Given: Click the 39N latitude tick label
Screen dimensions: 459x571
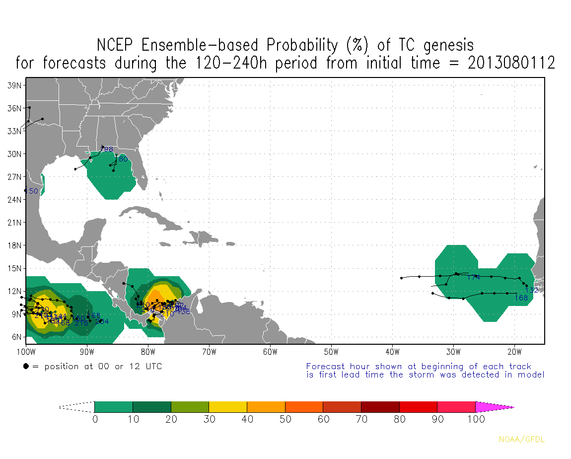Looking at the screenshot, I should pos(14,85).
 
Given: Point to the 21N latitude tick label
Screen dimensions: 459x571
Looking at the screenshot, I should pos(14,222).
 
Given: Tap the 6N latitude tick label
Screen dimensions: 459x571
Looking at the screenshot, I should pos(15,337).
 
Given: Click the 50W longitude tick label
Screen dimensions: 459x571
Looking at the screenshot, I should pos(331,352).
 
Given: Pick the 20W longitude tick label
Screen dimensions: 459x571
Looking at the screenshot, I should pos(514,352).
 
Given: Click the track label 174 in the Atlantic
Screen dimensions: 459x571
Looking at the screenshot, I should pos(474,277).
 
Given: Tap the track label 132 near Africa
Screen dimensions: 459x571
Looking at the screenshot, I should pos(531,290).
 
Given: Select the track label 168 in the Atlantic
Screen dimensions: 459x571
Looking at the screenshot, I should pos(521,298).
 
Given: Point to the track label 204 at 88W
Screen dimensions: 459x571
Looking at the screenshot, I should pos(102,321).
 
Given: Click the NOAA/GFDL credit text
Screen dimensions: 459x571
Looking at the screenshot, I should pos(522,439).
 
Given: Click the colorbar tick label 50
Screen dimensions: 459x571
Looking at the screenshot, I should pos(285,419).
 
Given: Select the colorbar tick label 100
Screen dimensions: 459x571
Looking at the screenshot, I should pos(476,419).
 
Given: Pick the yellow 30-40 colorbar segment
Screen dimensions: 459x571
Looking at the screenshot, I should pos(228,407).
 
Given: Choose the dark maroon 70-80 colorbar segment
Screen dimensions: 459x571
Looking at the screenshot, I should pos(380,407).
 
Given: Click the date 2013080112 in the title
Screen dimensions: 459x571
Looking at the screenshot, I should pos(511,64).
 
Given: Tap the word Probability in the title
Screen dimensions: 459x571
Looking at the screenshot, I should pos(304,45).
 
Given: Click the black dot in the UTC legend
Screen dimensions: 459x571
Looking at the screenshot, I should pos(26,367).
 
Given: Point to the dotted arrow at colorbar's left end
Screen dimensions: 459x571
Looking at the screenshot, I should pos(76,407).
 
